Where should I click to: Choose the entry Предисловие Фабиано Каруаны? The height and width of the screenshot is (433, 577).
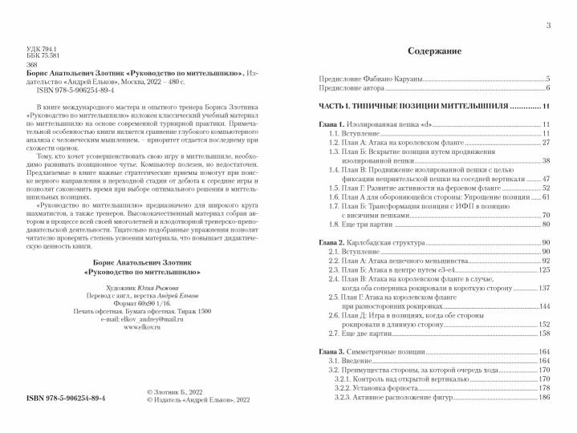click(372, 79)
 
